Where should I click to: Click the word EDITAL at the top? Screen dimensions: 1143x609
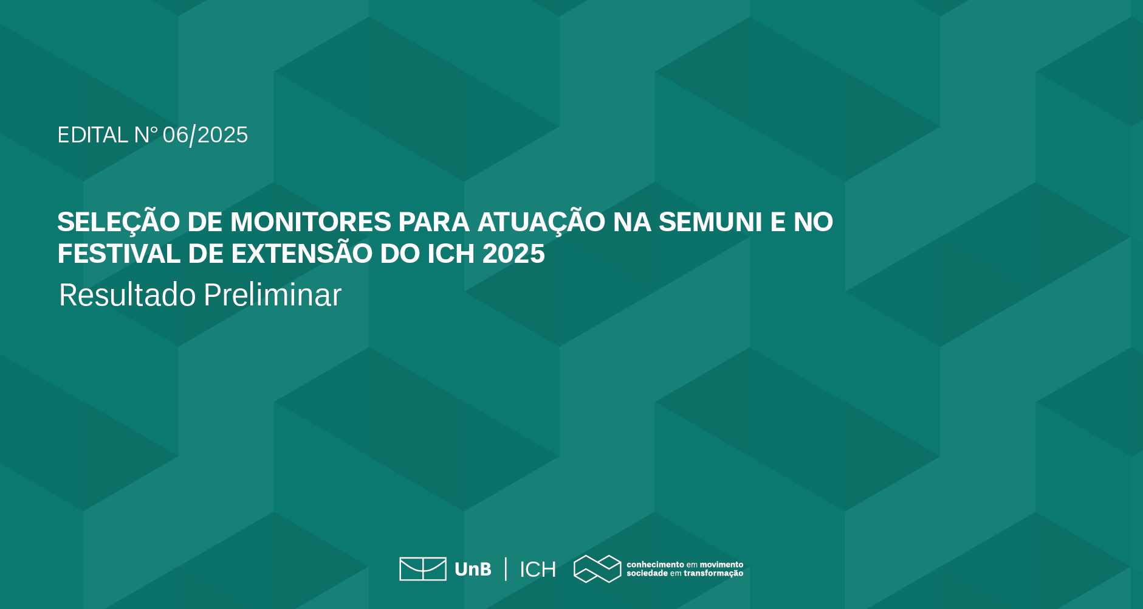pos(92,135)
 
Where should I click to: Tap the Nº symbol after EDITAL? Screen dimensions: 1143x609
pos(146,135)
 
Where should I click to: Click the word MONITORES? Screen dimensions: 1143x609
pos(311,222)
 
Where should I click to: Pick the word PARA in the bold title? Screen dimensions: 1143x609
pos(434,222)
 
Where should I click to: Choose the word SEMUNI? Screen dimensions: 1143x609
pos(710,222)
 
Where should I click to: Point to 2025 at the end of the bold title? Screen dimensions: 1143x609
pos(513,254)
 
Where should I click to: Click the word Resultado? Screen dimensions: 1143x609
pos(128,295)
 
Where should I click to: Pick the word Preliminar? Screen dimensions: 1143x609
pos(272,295)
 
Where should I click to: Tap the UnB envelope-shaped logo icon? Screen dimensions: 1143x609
pos(423,569)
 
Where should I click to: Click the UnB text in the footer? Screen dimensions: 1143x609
pos(473,569)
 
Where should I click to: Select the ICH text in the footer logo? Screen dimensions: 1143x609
pos(538,569)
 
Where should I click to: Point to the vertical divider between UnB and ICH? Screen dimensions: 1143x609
pos(506,569)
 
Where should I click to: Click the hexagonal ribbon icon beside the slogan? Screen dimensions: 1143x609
pos(597,569)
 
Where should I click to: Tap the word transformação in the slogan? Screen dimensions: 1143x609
pos(713,574)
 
